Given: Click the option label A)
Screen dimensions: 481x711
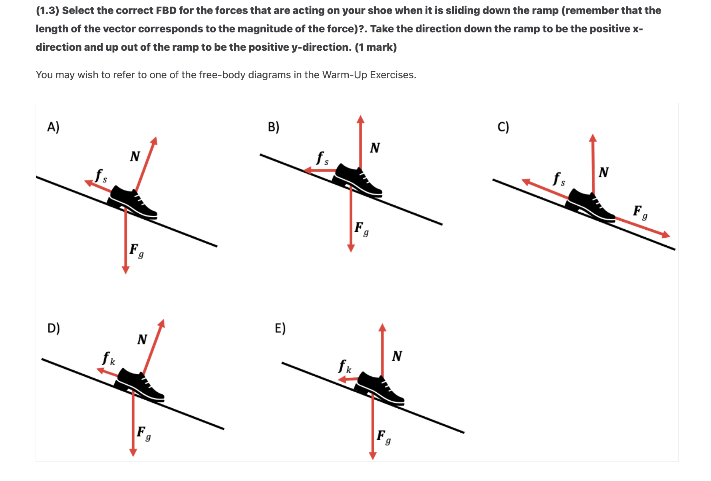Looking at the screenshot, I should point(53,127).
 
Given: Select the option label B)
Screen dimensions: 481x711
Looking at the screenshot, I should point(274,127).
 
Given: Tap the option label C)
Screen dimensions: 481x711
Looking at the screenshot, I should point(503,127).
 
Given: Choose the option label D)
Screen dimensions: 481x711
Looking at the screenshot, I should point(54,328).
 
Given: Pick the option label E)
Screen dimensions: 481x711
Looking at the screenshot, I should point(280,328).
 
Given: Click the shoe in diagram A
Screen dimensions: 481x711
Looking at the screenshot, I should point(133,202).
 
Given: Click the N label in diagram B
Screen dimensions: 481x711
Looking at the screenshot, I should point(375,148).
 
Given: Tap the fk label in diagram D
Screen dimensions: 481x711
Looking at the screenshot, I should point(108,358).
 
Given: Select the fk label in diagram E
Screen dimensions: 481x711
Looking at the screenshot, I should point(345,366).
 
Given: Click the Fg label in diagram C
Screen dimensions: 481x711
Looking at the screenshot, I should point(640,212).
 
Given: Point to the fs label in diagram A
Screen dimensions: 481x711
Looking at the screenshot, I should point(101,176).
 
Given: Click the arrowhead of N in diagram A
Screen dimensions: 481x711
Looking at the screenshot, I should point(154,140).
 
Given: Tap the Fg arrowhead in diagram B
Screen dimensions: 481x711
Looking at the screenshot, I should point(351,248).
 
